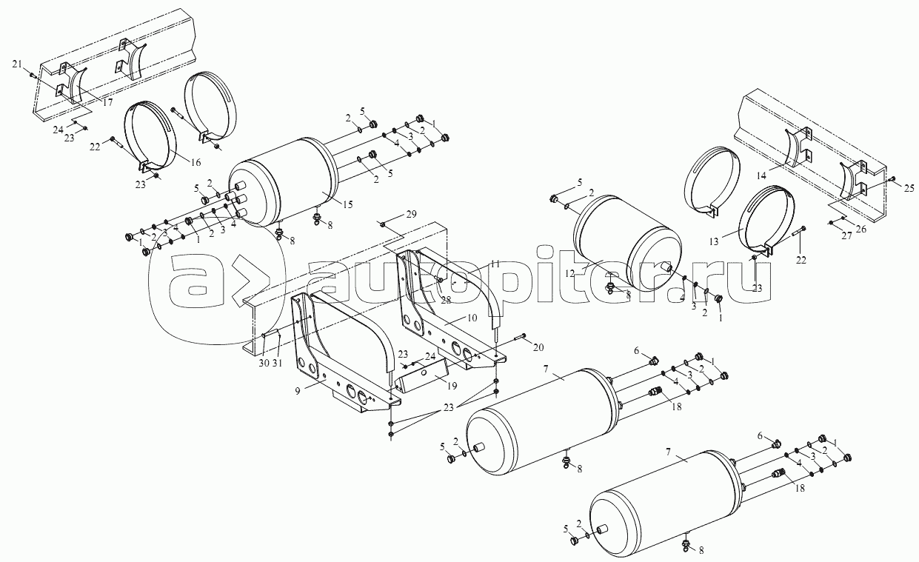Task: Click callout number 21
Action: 17,64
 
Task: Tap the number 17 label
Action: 107,102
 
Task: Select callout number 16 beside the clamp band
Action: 196,162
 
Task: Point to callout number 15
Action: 347,204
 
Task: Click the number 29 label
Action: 411,214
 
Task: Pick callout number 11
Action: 495,264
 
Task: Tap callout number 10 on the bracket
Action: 472,318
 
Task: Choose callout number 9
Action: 298,391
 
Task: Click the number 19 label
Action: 452,386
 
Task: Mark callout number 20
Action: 538,348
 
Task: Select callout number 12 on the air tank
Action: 570,274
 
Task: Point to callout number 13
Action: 715,241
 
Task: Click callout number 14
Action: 761,175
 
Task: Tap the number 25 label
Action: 909,188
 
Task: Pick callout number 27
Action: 846,236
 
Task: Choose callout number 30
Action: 264,363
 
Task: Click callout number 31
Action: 278,363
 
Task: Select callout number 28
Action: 446,300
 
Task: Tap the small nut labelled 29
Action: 382,224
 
